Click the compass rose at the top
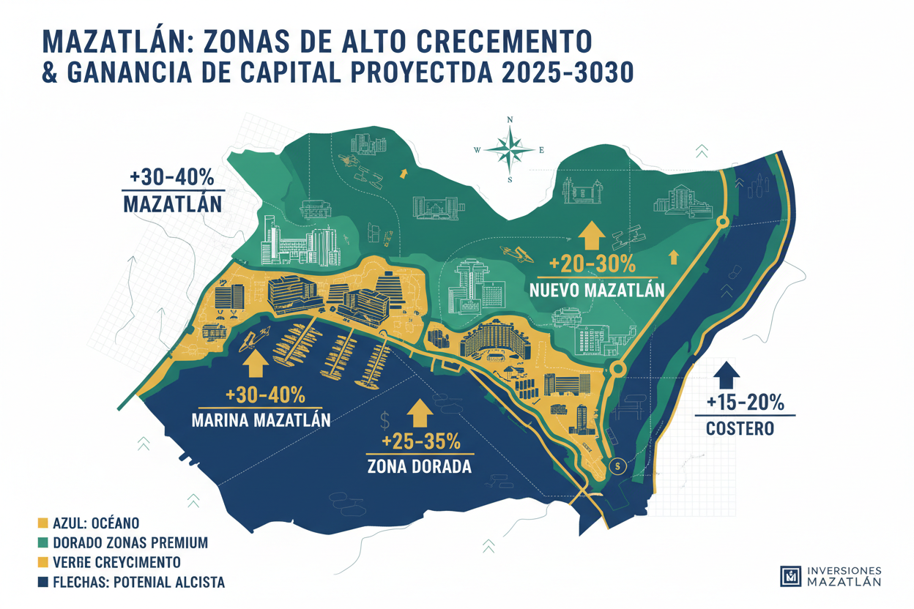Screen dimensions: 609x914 (510, 149)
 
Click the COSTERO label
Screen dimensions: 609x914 (740, 428)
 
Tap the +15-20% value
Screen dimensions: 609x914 (746, 402)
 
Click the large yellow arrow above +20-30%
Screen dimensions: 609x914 (591, 236)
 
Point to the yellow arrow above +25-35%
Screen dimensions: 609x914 (420, 413)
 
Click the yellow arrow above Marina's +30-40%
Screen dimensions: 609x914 (255, 362)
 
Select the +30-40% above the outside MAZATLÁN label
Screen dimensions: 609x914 (171, 178)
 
